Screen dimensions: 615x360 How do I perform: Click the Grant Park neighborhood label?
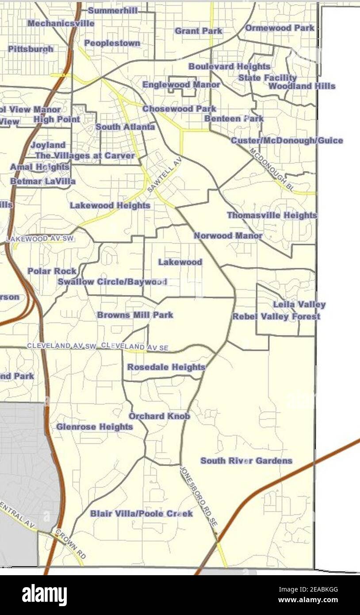(x=198, y=31)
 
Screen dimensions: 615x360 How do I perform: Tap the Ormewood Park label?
(x=280, y=28)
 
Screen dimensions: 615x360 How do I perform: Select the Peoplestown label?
(x=112, y=43)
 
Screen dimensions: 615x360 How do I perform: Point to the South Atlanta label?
(x=125, y=127)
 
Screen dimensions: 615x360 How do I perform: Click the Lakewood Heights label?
(x=110, y=206)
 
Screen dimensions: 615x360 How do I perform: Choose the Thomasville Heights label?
(x=272, y=215)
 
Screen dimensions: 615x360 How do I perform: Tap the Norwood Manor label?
(x=228, y=236)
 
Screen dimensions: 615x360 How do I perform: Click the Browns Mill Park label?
(x=135, y=315)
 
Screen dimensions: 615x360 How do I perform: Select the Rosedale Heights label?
(x=166, y=367)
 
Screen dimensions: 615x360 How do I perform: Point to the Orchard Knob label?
(x=159, y=416)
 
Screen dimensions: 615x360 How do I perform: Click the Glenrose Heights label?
(x=94, y=427)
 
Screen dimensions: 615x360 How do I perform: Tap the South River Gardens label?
(x=246, y=461)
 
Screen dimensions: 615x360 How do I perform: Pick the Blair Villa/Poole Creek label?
(x=141, y=514)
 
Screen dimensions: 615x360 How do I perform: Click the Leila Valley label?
(x=299, y=304)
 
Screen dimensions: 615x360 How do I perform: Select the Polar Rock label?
(x=52, y=271)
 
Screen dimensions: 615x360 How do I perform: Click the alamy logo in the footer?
(x=44, y=595)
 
